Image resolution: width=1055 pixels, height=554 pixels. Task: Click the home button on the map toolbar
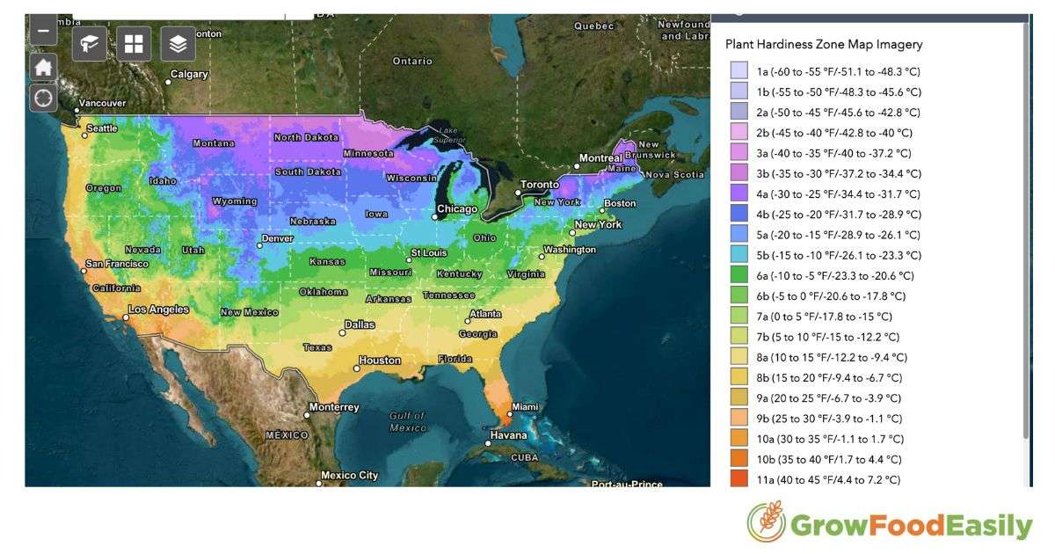click(x=43, y=68)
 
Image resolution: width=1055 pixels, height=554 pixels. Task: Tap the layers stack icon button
click(x=178, y=43)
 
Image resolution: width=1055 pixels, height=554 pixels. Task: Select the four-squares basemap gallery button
click(x=134, y=43)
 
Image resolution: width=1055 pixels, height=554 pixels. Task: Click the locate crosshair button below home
click(x=43, y=98)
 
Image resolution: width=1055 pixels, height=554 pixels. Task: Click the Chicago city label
click(x=457, y=209)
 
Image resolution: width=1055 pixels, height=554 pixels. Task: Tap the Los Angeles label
click(x=158, y=310)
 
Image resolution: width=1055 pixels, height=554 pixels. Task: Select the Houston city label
click(x=380, y=361)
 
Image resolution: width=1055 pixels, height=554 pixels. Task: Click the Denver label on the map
click(x=277, y=238)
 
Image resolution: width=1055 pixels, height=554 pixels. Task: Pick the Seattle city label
click(x=101, y=128)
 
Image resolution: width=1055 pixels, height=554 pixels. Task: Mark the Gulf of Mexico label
click(x=408, y=421)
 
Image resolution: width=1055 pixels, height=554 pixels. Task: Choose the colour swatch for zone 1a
click(x=739, y=71)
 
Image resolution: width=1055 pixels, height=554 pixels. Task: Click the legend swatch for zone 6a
click(x=739, y=275)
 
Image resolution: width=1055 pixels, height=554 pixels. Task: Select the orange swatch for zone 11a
click(x=739, y=479)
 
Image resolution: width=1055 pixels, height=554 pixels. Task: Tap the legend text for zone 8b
click(x=829, y=377)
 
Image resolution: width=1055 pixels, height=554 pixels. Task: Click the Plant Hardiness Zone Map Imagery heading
click(x=824, y=44)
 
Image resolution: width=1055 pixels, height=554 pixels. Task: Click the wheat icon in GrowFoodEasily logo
click(x=766, y=522)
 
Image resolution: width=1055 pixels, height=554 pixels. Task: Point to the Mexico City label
click(x=349, y=476)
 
